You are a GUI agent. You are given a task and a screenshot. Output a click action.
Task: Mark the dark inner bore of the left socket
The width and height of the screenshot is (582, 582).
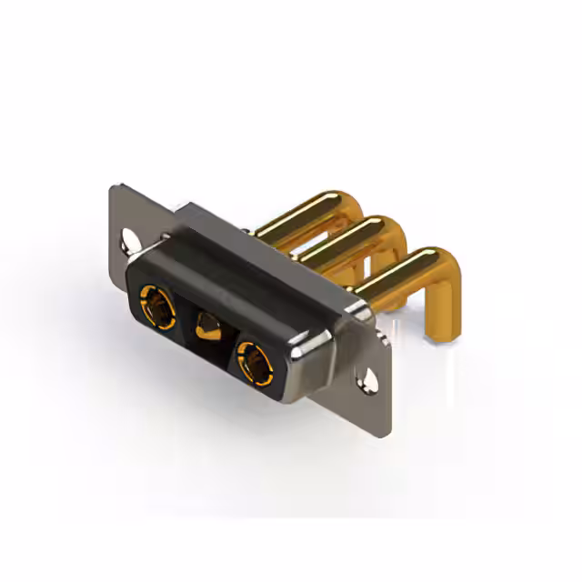pos(156,305)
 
